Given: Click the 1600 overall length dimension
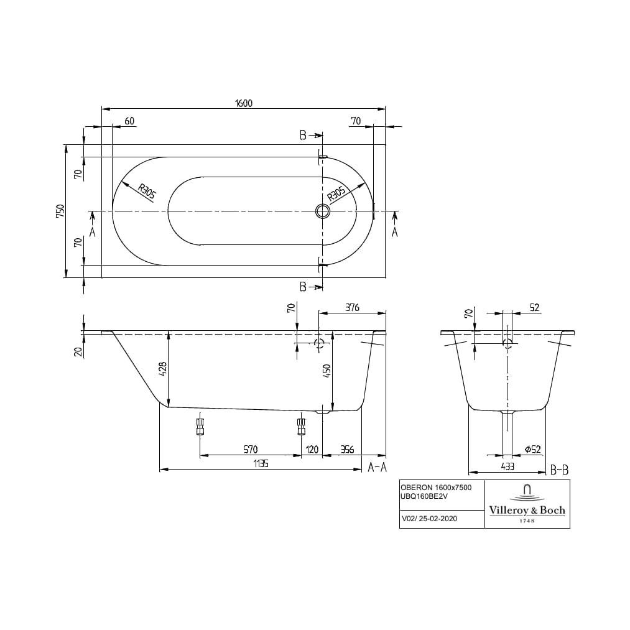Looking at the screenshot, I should pyautogui.click(x=244, y=103).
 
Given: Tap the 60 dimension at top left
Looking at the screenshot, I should pyautogui.click(x=129, y=121).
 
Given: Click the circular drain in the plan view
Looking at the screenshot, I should pyautogui.click(x=323, y=211).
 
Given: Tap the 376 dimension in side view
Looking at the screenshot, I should pyautogui.click(x=351, y=308).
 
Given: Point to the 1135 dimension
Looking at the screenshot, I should pyautogui.click(x=260, y=464).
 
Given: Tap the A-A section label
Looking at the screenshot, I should pyautogui.click(x=377, y=467).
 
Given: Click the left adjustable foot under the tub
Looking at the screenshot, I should pyautogui.click(x=200, y=427).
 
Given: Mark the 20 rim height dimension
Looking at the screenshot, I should pyautogui.click(x=78, y=351).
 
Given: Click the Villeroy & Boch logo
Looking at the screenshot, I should pyautogui.click(x=527, y=504).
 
